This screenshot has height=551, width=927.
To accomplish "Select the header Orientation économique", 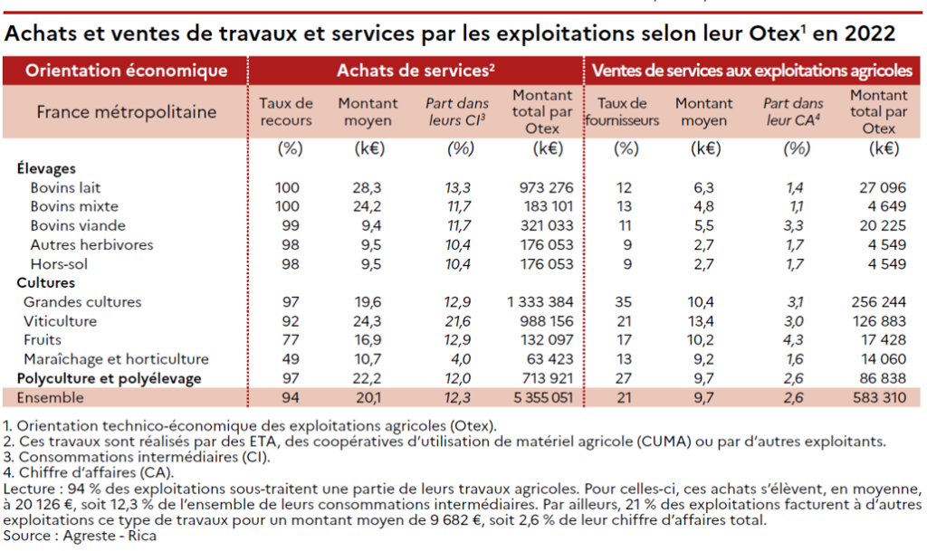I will click(126, 70).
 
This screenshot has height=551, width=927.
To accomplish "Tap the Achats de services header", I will click(416, 70).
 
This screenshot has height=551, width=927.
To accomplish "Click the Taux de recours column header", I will click(286, 112).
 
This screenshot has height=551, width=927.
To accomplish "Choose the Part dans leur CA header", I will click(792, 112).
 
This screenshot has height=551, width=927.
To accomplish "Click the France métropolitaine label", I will click(126, 112).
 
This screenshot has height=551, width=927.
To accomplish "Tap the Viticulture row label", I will click(60, 321).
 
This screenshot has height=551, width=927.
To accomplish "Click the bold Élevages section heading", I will click(46, 168).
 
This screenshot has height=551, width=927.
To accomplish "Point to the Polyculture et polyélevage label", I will click(109, 378).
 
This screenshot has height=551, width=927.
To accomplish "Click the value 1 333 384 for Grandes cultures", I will click(540, 302).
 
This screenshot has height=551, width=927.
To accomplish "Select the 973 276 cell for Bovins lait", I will click(543, 187).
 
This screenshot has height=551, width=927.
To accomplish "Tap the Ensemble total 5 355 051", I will click(540, 398).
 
